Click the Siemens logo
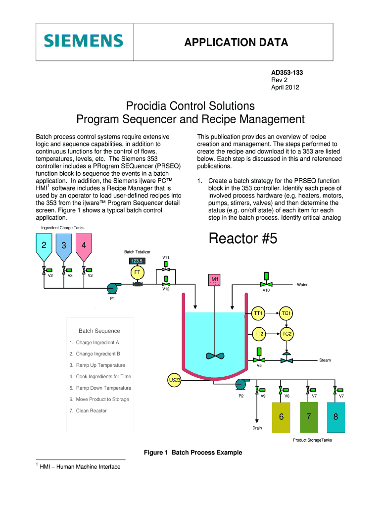(x=83, y=41)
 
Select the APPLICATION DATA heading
(x=236, y=43)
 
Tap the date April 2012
(x=285, y=87)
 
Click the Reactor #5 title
(x=243, y=239)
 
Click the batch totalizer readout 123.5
(x=137, y=261)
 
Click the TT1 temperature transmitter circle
(x=258, y=313)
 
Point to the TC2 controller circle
(x=286, y=334)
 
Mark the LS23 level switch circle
(x=175, y=380)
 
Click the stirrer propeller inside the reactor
(x=215, y=355)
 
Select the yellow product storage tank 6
(x=281, y=416)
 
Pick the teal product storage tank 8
(x=336, y=416)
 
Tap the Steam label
(x=325, y=360)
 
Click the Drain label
(x=257, y=428)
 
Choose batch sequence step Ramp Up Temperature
(x=100, y=365)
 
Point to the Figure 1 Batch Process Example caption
(x=193, y=453)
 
